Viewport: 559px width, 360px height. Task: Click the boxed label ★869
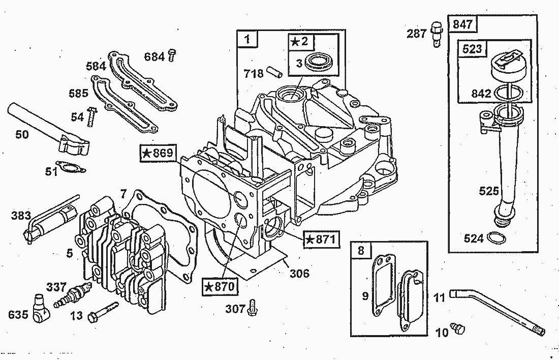[157, 154]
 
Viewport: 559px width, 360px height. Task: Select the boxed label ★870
[220, 286]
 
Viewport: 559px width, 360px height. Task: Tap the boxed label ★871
[321, 239]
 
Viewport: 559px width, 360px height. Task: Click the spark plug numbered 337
[72, 295]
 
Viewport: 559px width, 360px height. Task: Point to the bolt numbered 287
[436, 34]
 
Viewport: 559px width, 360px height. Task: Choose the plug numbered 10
[457, 328]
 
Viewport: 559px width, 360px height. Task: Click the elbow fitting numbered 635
[41, 309]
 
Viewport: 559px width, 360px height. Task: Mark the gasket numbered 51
[71, 167]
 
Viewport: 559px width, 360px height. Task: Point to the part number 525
[488, 191]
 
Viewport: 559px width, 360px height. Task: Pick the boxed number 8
[361, 250]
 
